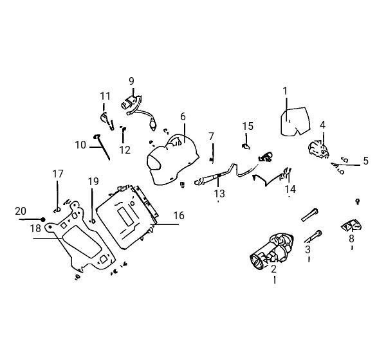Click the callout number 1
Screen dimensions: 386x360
click(285, 91)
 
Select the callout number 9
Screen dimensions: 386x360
click(131, 81)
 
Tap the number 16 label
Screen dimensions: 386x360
click(179, 215)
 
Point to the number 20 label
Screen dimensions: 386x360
click(21, 211)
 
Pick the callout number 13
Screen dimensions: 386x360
click(219, 194)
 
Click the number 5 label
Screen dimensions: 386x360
click(366, 161)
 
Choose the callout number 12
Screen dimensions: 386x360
click(125, 150)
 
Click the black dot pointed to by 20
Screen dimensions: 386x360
click(43, 219)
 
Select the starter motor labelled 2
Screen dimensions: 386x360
click(271, 251)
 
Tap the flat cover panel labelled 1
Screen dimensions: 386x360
click(295, 122)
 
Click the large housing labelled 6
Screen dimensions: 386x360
click(173, 160)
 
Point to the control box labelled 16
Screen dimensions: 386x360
click(127, 217)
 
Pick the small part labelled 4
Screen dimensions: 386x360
click(318, 148)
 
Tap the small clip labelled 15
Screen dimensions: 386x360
click(246, 147)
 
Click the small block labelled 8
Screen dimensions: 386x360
click(351, 226)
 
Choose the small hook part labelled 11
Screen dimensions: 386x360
click(107, 121)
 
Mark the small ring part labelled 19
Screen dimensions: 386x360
click(93, 221)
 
